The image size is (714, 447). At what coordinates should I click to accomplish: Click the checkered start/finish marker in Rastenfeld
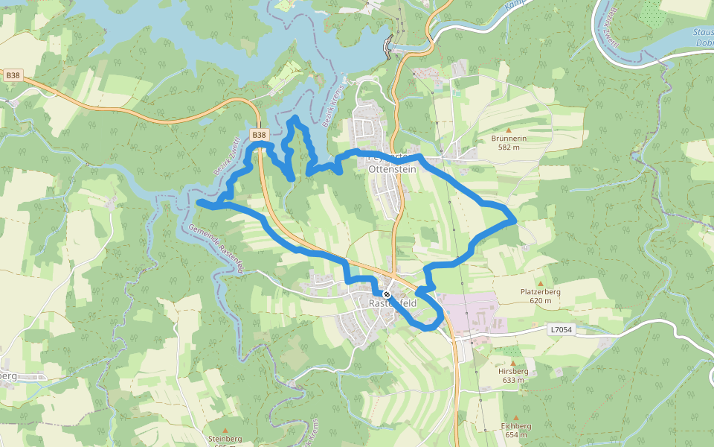(x=387, y=294)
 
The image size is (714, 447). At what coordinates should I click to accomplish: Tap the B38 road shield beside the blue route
(x=259, y=135)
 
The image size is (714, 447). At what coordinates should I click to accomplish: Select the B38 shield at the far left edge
(x=13, y=75)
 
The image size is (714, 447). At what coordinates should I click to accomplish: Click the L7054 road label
(x=562, y=329)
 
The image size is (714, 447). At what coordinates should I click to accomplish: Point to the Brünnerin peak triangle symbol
(x=509, y=130)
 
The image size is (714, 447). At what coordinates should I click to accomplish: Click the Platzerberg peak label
(x=540, y=292)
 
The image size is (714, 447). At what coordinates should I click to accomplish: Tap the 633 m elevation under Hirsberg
(x=513, y=380)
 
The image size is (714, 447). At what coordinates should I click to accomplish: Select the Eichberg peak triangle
(x=516, y=417)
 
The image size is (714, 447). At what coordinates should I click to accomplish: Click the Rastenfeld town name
(x=393, y=304)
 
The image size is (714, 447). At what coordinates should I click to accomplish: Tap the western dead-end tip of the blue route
(x=199, y=202)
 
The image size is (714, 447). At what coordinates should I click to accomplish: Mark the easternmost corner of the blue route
(x=515, y=220)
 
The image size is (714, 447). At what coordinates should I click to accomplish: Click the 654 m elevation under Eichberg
(x=516, y=435)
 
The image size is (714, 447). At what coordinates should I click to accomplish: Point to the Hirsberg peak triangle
(x=512, y=363)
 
